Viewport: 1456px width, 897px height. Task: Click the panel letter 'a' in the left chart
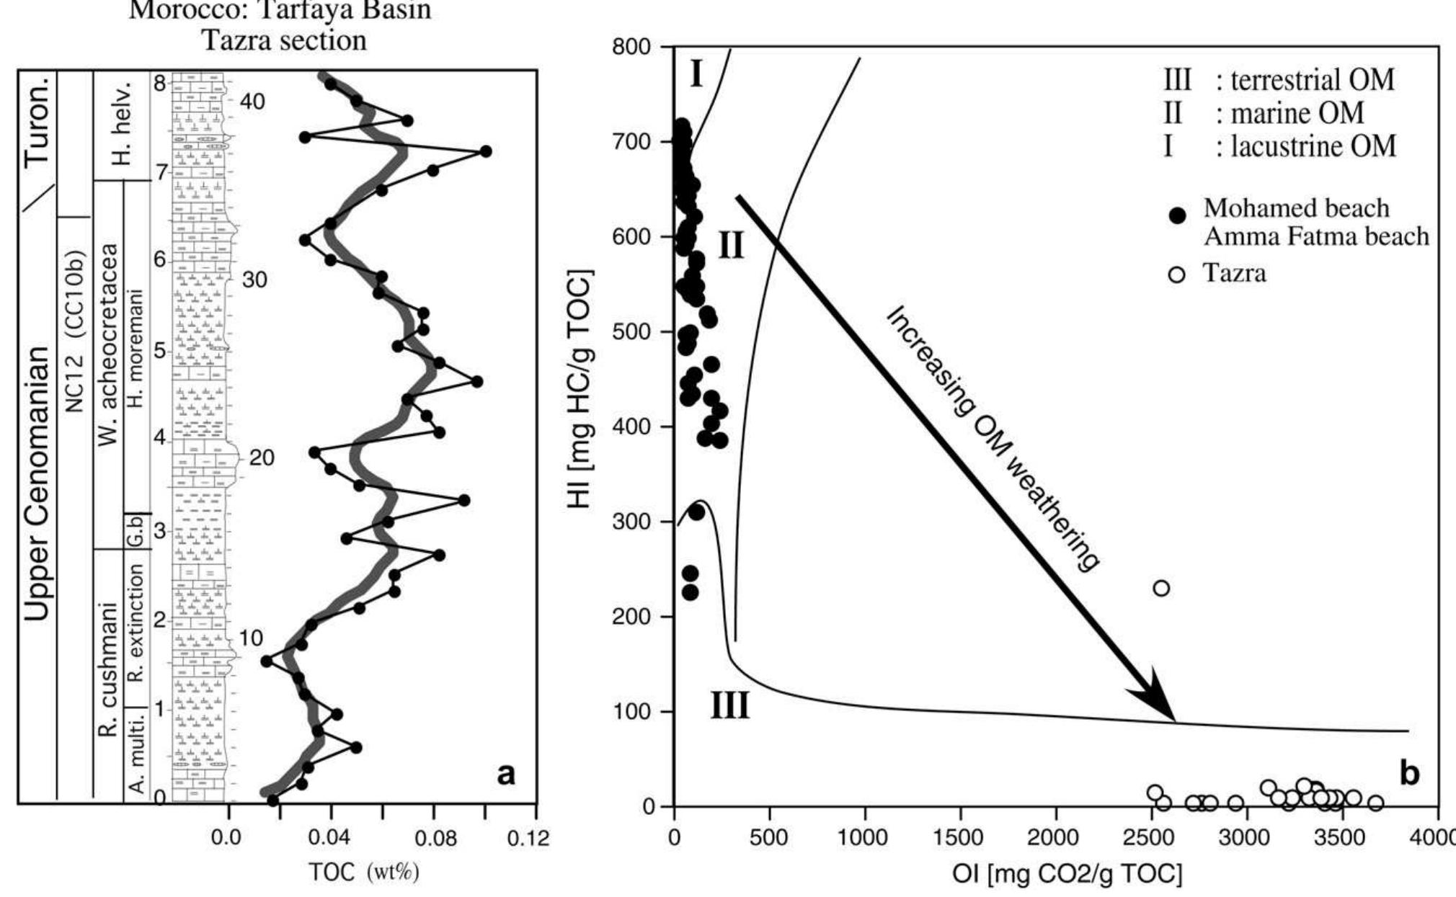tap(507, 775)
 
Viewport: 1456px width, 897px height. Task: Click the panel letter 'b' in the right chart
tap(1409, 773)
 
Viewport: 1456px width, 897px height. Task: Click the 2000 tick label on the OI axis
tap(1055, 839)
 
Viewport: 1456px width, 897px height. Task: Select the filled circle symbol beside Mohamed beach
tap(1178, 215)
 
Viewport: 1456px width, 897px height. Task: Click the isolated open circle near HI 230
tap(1160, 588)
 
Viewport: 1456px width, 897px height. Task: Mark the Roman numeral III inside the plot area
tap(730, 707)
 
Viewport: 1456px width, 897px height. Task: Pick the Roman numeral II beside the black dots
tap(731, 247)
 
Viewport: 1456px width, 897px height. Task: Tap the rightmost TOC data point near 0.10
tap(485, 151)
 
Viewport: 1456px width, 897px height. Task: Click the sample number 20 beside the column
tap(262, 458)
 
